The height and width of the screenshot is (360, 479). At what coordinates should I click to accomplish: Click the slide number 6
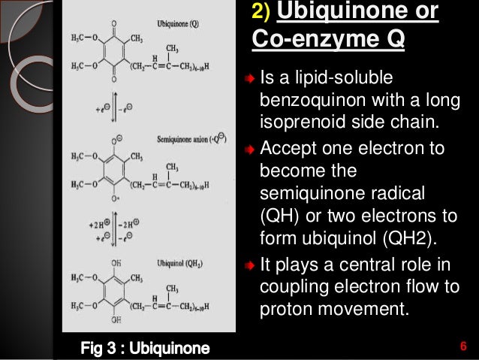[463, 346]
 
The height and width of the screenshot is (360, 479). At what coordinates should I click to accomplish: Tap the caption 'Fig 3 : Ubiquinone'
[146, 347]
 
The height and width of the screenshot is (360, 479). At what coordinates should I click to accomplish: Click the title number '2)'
[260, 11]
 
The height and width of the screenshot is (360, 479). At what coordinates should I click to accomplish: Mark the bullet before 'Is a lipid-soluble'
[251, 79]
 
